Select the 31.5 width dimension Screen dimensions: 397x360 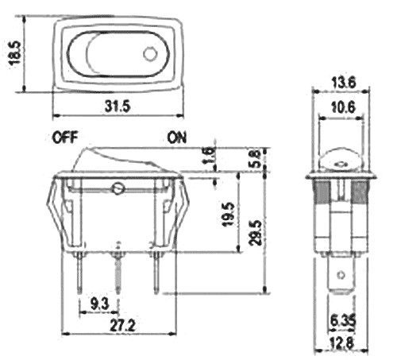click(x=118, y=106)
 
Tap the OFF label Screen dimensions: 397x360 click(x=65, y=137)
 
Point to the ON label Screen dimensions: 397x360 click(x=177, y=137)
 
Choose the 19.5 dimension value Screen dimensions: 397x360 click(x=228, y=214)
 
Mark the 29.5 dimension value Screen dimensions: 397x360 click(x=256, y=232)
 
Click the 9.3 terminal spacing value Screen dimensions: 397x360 click(x=99, y=304)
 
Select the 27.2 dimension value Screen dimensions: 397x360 click(x=122, y=326)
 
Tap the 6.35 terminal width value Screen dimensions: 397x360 click(x=343, y=322)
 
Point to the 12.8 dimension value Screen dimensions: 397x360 click(x=341, y=344)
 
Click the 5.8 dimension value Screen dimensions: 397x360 click(x=256, y=158)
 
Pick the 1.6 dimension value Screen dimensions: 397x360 click(x=210, y=156)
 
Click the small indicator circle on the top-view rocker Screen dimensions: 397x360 click(x=149, y=54)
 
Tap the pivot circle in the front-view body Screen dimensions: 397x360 click(x=118, y=188)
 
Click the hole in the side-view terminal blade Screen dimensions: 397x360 click(x=341, y=275)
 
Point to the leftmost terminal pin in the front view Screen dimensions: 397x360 click(x=79, y=273)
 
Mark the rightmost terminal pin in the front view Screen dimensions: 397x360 click(x=156, y=273)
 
